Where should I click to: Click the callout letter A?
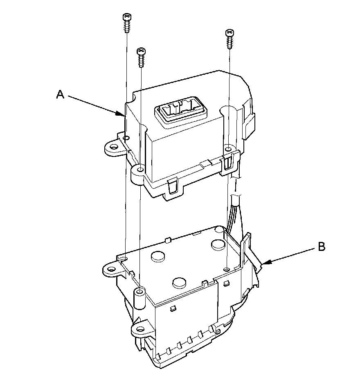click(60, 94)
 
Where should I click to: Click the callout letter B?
click(322, 247)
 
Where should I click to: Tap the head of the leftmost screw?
click(127, 17)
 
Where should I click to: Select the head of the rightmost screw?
click(229, 32)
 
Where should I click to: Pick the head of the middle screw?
click(141, 51)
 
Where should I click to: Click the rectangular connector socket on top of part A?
click(181, 113)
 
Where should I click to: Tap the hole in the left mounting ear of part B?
click(111, 269)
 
